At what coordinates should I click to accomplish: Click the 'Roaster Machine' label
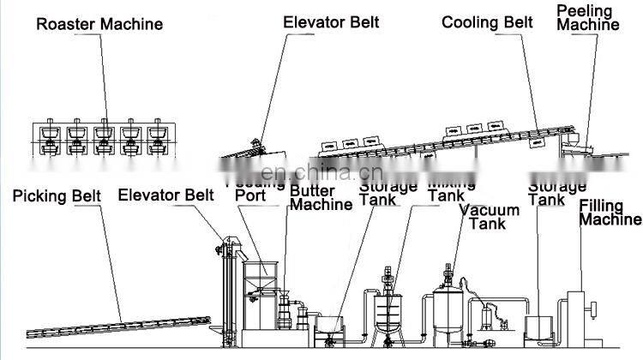click(x=99, y=24)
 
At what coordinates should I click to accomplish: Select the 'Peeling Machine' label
click(x=587, y=18)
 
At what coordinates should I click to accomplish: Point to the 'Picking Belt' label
click(x=57, y=196)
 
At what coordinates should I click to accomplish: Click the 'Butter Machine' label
click(x=321, y=197)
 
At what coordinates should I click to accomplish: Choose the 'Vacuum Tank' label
click(x=489, y=217)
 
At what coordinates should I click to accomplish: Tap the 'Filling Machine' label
click(x=610, y=213)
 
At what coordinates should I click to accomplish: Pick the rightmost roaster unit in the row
click(x=157, y=137)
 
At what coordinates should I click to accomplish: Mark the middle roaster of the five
click(x=104, y=137)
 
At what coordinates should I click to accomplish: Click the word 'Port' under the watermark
click(x=250, y=195)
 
